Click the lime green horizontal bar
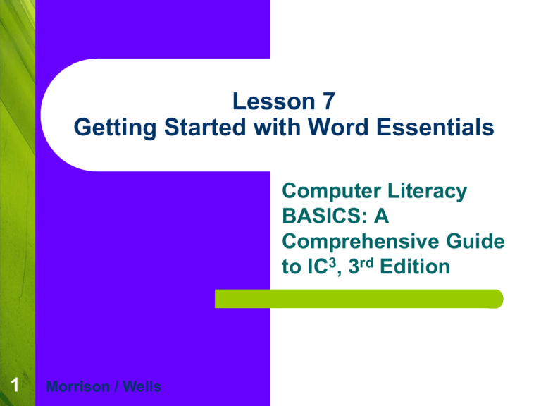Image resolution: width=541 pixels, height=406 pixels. pos(359,299)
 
